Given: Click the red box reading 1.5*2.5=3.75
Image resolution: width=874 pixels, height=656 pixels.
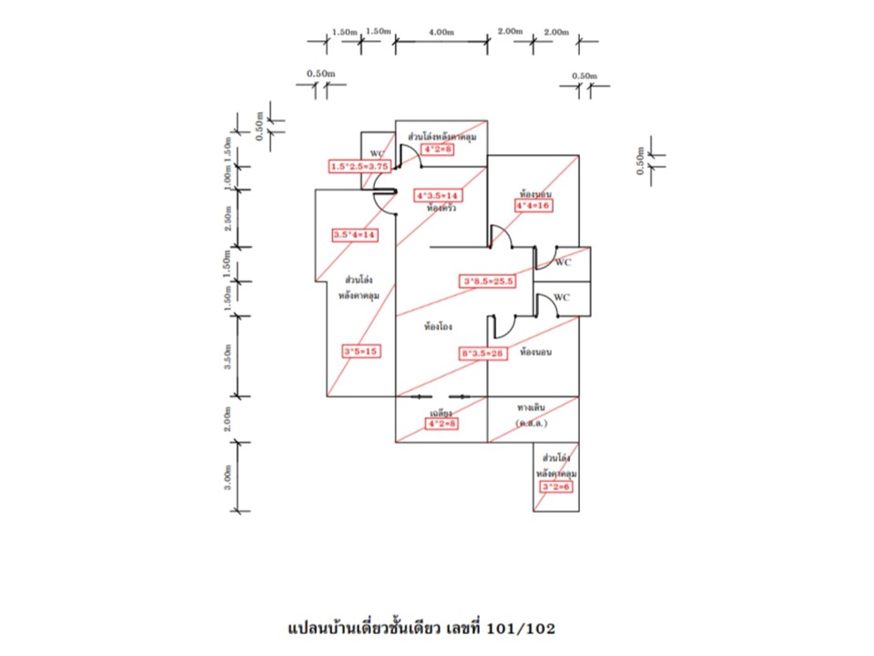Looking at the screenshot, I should point(361,167).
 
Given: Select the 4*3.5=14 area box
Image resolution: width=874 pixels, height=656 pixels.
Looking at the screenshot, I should point(437,195).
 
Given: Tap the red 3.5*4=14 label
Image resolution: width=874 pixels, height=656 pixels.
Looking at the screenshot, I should point(355,235).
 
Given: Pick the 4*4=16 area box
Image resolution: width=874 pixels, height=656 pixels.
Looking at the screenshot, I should point(534,206).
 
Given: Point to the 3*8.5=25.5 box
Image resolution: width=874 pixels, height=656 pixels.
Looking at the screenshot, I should point(489,282).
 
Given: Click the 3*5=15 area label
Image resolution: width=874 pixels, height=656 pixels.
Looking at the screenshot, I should point(361,351).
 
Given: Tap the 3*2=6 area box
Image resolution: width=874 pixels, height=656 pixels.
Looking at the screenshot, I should point(555,487).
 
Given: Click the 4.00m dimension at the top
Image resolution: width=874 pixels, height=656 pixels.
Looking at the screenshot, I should point(441,32).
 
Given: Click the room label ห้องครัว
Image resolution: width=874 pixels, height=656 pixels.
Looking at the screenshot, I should point(441,209).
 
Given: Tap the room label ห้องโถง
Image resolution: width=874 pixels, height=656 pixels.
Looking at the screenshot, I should point(439,325).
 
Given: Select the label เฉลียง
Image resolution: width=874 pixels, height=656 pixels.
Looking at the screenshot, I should point(441,412).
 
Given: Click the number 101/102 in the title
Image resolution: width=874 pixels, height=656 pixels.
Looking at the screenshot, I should point(520,629).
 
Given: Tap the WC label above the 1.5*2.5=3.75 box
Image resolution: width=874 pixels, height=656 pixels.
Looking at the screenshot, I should point(377,153).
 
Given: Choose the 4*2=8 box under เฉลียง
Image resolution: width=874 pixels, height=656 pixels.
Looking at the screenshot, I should point(441,423).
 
